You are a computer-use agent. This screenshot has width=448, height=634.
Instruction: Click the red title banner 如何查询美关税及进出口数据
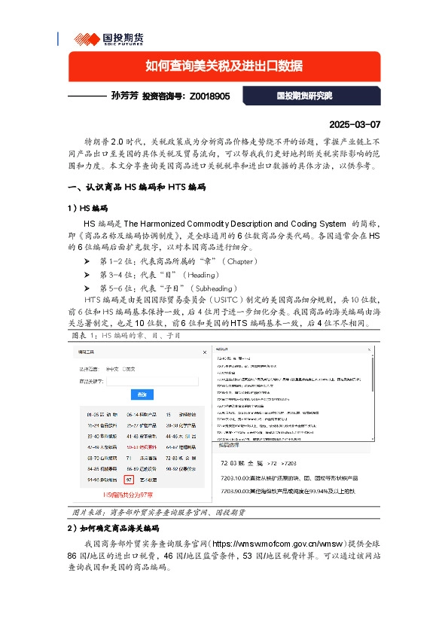coord(224,66)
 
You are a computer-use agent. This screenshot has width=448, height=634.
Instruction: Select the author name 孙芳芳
coord(124,96)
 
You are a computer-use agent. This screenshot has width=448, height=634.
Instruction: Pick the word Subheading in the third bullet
coord(216,288)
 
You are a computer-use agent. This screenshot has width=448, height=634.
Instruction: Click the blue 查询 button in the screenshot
coord(142,394)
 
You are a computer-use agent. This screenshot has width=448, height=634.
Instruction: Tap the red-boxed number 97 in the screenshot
coord(129,479)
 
